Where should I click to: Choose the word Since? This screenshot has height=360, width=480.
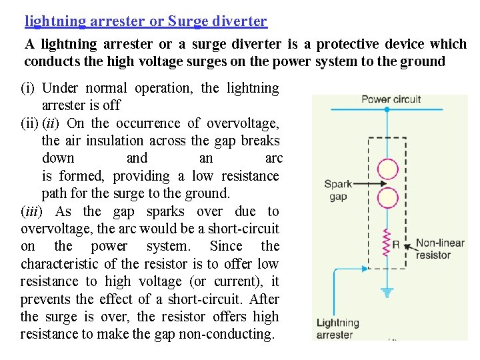(x=226, y=247)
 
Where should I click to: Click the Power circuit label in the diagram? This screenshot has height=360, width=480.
(x=391, y=100)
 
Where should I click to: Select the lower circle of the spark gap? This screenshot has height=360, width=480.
(x=389, y=198)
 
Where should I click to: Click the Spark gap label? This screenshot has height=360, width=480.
(x=339, y=190)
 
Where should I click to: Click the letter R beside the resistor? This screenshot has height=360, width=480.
(x=396, y=245)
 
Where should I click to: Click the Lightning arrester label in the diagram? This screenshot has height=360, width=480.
(x=338, y=329)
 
